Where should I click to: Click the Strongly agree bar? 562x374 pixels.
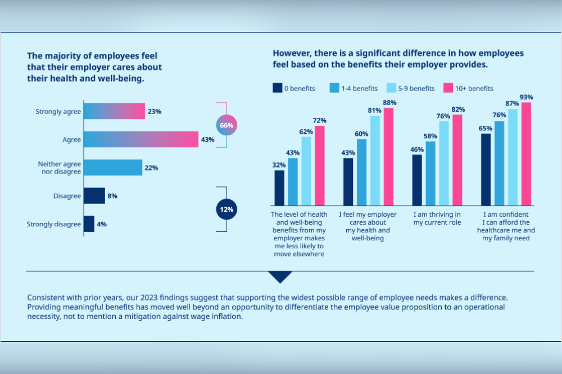coord(114,111)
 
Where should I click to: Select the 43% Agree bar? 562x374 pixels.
coord(141,139)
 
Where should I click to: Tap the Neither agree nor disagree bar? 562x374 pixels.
coord(113,167)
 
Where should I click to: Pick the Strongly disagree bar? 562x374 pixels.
coord(89,224)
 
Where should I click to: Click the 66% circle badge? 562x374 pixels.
coord(226,125)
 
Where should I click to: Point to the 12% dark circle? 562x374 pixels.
coord(226,209)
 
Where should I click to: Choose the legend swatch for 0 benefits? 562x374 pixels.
coord(277,88)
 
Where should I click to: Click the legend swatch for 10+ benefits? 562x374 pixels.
coord(448,88)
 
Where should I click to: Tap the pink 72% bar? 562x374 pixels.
coord(319,166)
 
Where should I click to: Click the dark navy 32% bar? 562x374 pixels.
coord(279,188)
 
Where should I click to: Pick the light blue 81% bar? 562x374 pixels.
coord(375,161)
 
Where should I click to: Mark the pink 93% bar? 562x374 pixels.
coord(526,154)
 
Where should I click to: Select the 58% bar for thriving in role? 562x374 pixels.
coord(430,174)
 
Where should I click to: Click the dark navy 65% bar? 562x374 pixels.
coord(486,170)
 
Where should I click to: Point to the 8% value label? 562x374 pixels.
coord(112,196)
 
